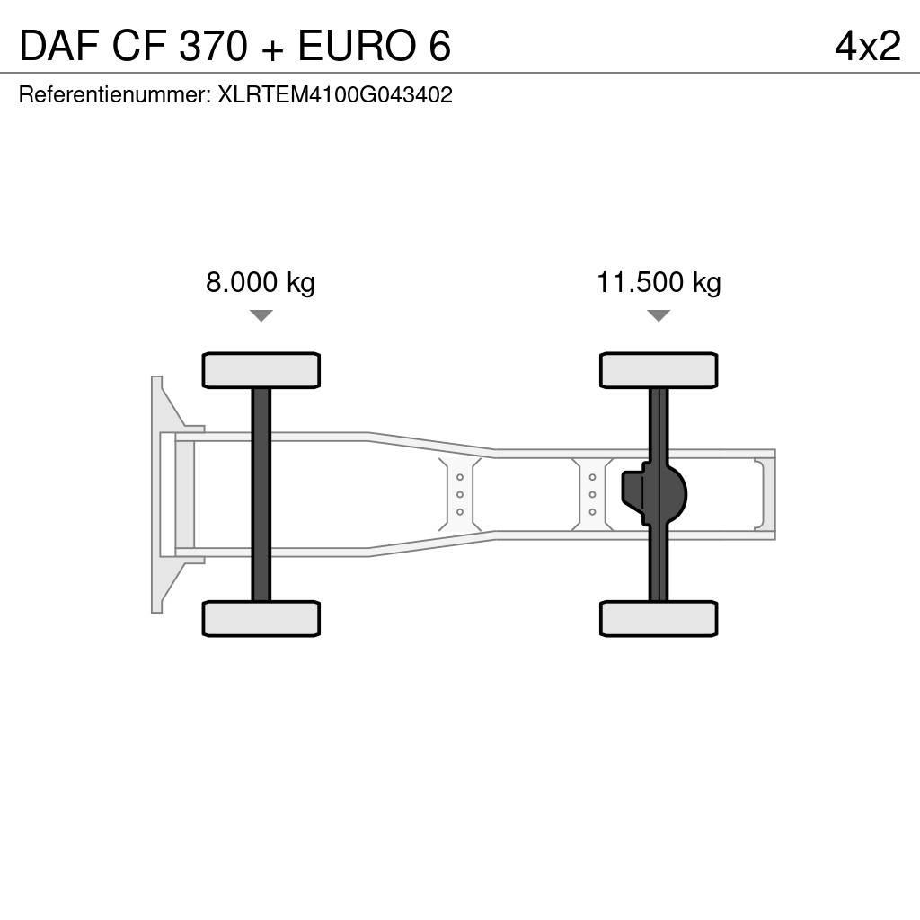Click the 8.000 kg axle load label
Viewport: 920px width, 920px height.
click(261, 283)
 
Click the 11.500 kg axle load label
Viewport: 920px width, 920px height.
click(659, 283)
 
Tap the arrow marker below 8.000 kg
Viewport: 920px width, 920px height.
click(261, 315)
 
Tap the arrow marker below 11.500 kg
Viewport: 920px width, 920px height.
click(659, 315)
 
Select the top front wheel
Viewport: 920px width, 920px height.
click(261, 370)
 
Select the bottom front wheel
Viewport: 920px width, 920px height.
click(261, 618)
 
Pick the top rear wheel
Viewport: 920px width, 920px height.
click(659, 370)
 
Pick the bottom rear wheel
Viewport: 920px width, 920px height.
click(659, 618)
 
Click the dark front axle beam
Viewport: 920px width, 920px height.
click(261, 494)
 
